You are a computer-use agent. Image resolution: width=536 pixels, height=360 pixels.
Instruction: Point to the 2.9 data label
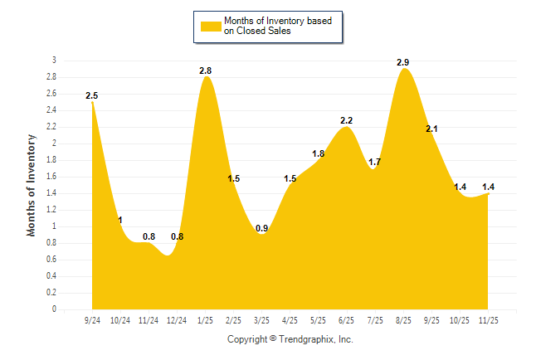(403, 62)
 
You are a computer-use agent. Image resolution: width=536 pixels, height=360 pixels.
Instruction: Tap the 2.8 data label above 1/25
(206, 71)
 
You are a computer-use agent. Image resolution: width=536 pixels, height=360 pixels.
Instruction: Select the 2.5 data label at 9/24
(92, 96)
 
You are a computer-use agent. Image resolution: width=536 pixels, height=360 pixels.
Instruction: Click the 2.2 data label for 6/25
(347, 120)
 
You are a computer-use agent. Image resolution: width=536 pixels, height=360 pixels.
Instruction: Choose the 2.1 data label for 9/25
(432, 129)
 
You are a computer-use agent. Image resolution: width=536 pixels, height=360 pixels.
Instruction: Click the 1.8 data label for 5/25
(318, 153)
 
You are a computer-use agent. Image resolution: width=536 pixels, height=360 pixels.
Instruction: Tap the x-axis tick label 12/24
(177, 319)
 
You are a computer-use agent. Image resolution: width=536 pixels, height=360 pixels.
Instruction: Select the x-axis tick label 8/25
(404, 319)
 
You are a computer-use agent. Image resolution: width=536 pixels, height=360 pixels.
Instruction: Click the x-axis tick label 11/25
(490, 319)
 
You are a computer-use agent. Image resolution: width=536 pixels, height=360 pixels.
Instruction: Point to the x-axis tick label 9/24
(92, 319)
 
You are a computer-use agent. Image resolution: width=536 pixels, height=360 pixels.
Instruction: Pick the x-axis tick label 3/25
(262, 319)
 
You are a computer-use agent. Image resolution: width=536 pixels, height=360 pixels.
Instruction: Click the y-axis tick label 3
(54, 61)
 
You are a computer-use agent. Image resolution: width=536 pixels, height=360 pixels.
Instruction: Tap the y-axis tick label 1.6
(51, 177)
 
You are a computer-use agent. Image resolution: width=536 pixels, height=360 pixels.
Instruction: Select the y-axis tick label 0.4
(51, 276)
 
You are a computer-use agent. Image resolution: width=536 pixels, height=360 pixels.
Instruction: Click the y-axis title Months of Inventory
(32, 185)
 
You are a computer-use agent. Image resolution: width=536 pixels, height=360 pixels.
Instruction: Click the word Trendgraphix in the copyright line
(307, 339)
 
